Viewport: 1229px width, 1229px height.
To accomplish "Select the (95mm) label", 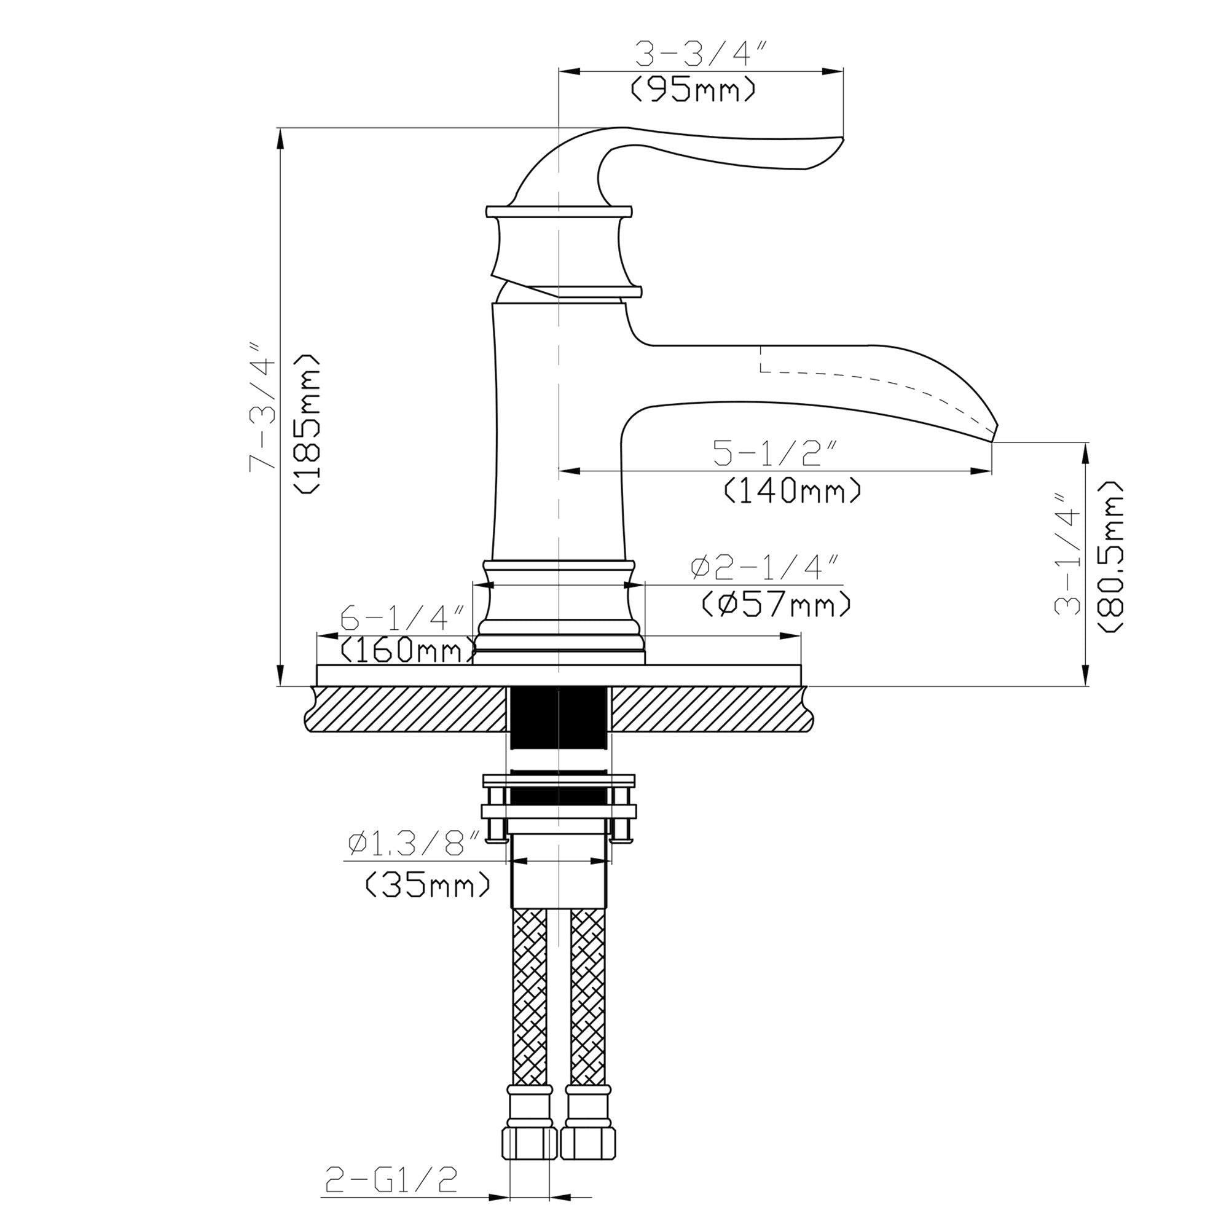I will [693, 90].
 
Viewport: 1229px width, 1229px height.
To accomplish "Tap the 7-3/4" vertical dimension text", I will [263, 408].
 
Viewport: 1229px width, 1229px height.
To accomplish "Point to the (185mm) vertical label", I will [307, 422].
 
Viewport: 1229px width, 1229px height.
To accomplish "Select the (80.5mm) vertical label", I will [1110, 556].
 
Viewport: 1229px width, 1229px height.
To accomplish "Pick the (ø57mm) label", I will [776, 603].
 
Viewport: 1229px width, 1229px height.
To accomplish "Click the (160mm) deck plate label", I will [407, 650].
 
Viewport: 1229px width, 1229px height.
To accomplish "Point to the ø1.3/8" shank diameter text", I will [414, 844].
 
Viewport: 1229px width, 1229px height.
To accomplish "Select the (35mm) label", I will [428, 885].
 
